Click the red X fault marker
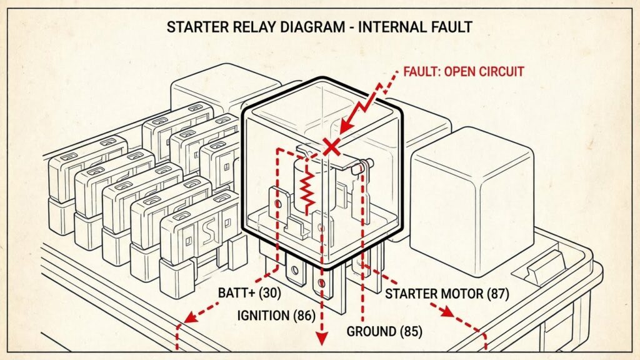332,147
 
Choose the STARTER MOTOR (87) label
447,293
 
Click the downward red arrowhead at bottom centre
322,339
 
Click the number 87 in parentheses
499,293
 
